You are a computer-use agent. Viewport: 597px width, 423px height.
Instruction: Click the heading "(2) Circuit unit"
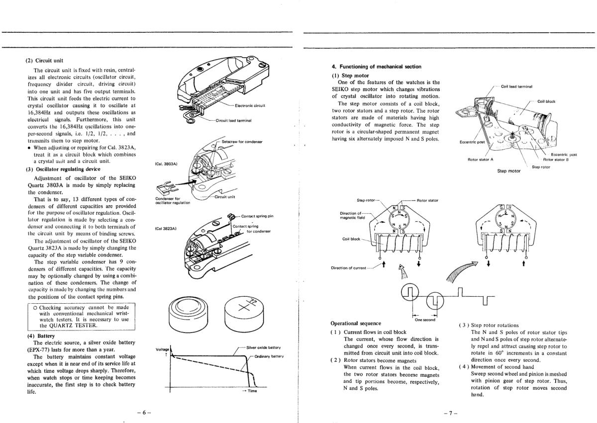click(44, 61)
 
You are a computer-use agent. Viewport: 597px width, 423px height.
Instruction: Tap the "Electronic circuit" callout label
click(250, 105)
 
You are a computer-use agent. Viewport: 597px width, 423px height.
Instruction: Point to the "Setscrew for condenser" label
click(242, 142)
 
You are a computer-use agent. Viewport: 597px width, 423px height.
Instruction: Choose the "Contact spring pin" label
click(257, 216)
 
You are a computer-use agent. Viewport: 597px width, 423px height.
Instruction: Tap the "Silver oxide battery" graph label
click(263, 347)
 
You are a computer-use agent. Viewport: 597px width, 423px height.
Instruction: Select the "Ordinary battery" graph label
click(269, 356)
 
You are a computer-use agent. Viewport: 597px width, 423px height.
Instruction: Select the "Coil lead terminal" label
click(517, 86)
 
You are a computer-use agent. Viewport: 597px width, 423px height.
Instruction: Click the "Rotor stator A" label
click(480, 160)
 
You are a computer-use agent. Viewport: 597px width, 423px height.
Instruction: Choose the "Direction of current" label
click(348, 268)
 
